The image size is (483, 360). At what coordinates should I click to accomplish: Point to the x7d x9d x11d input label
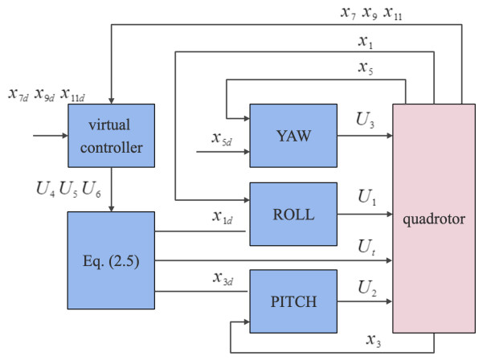click(46, 94)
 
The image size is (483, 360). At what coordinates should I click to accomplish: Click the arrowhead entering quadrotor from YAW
click(388, 134)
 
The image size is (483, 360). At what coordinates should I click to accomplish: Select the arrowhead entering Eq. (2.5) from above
click(109, 207)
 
